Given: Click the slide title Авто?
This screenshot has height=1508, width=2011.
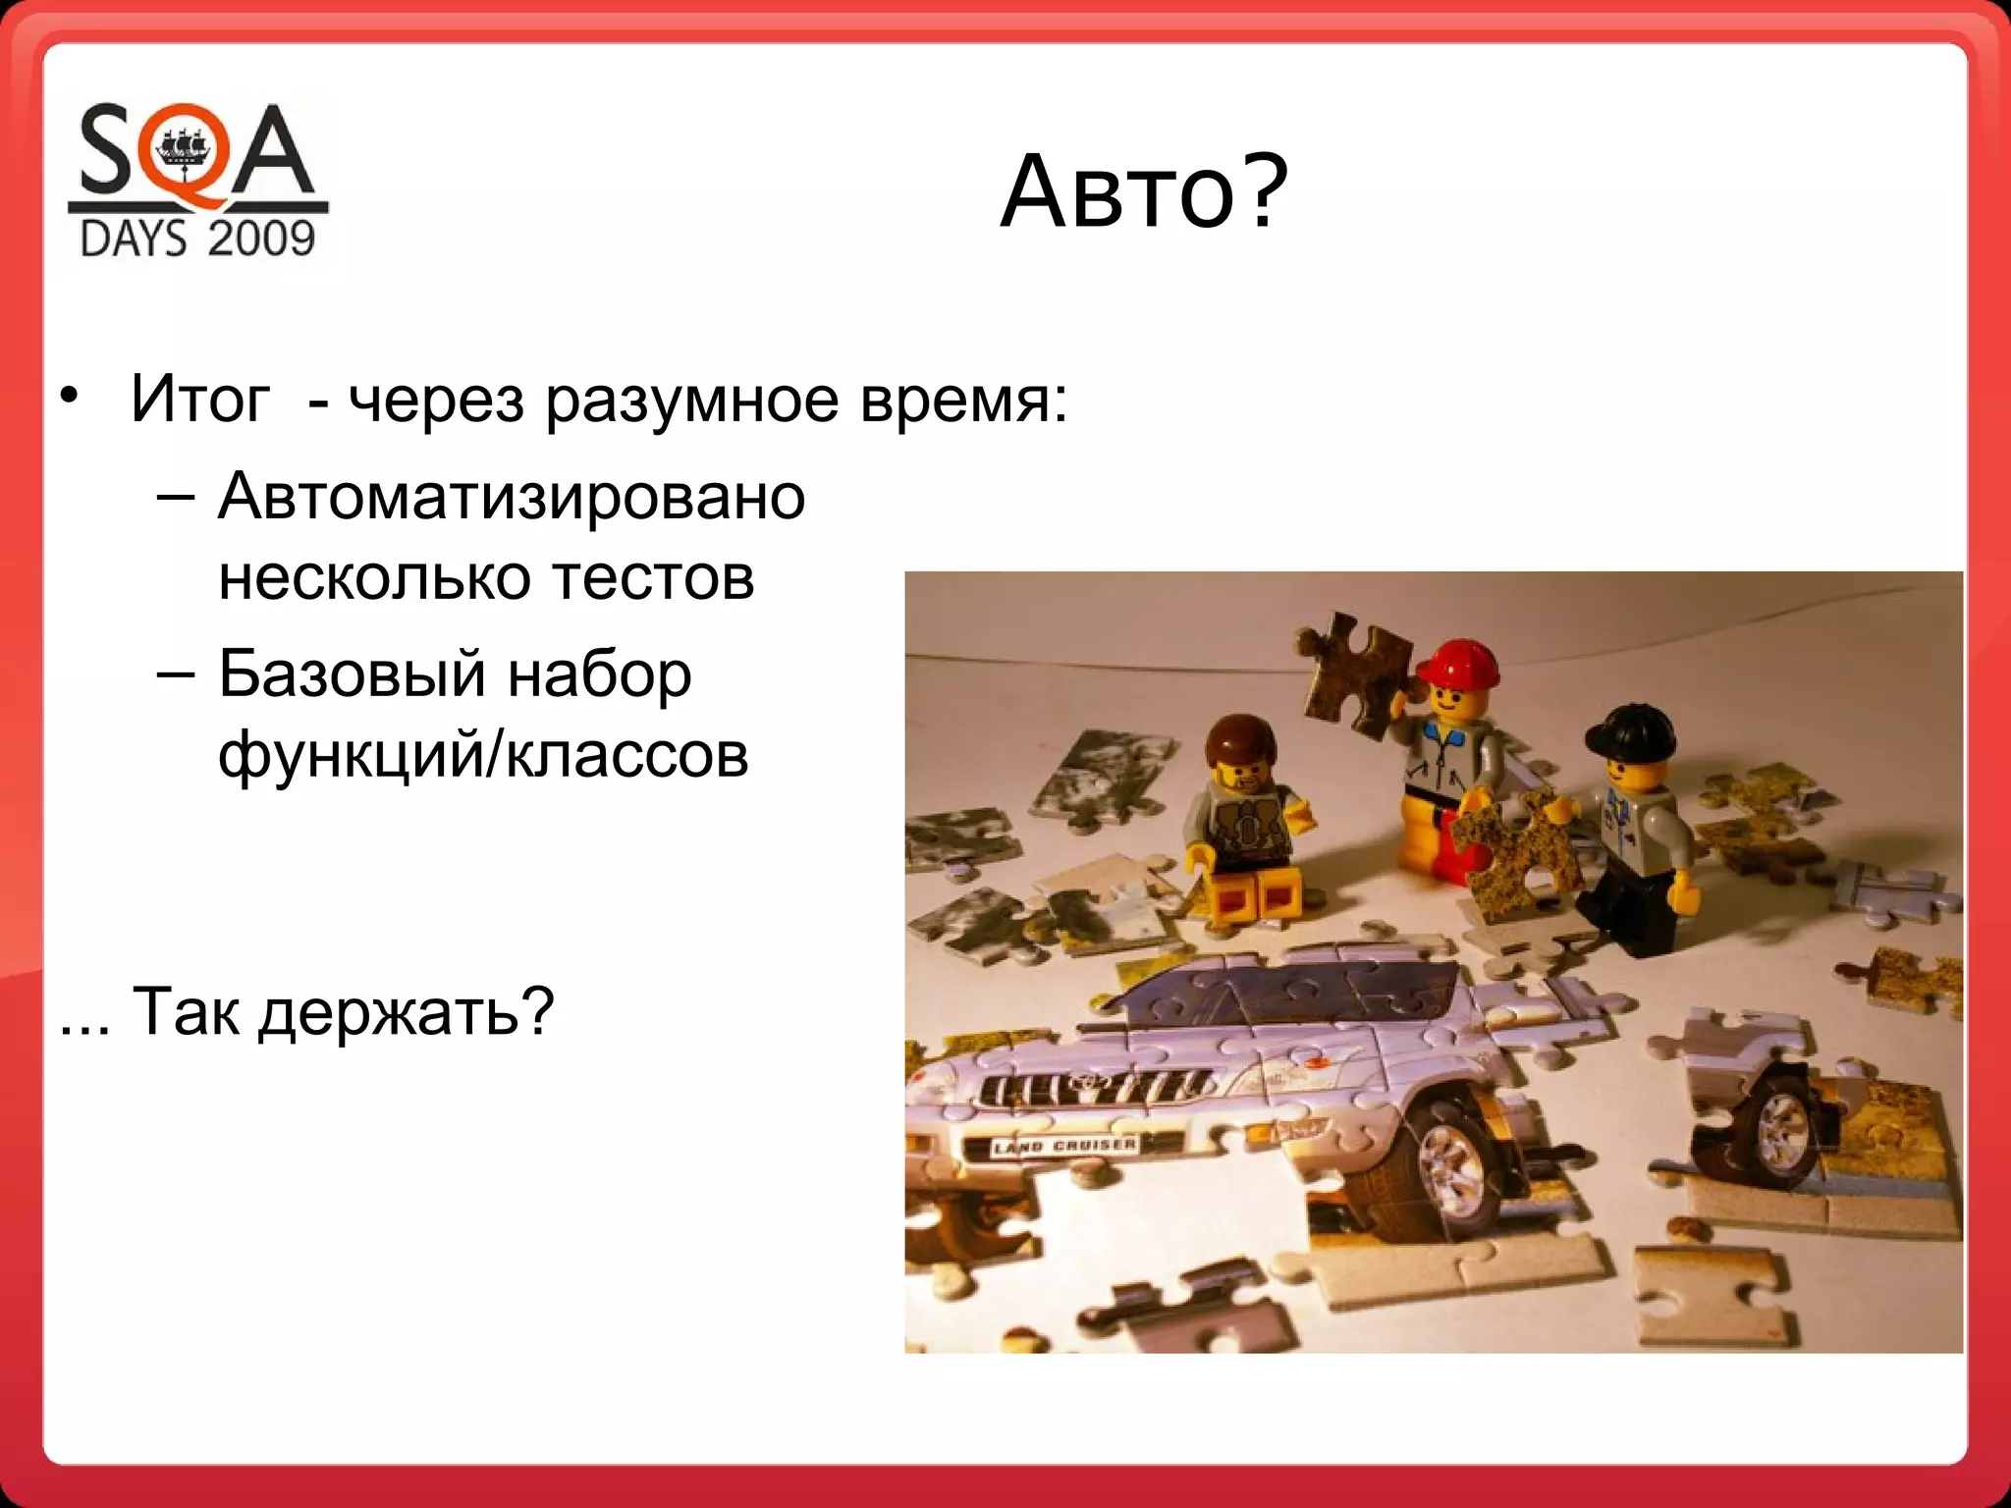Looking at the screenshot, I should click(1143, 192).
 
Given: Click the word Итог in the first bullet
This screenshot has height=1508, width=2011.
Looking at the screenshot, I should click(199, 400).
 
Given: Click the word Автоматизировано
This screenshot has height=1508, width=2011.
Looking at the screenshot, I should click(512, 496).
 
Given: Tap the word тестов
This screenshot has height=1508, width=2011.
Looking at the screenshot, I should click(653, 577).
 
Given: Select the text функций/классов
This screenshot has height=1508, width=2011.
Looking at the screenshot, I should click(483, 756).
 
